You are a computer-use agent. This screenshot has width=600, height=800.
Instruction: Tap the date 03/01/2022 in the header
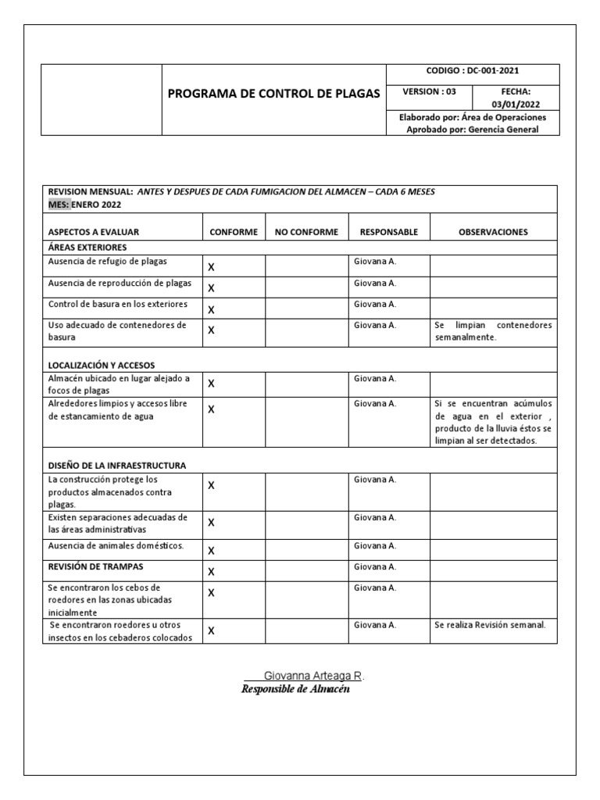pyautogui.click(x=514, y=105)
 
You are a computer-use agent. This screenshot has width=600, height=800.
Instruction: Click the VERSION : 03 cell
pyautogui.click(x=429, y=91)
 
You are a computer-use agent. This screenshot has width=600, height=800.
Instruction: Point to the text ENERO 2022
pyautogui.click(x=97, y=205)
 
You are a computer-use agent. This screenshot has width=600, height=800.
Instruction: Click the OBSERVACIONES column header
pyautogui.click(x=493, y=232)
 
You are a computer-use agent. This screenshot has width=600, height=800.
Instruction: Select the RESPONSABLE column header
pyautogui.click(x=388, y=232)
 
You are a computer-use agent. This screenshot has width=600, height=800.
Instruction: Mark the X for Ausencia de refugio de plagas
pyautogui.click(x=211, y=267)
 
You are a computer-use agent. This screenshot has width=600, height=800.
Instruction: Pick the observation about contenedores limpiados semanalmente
pyautogui.click(x=493, y=331)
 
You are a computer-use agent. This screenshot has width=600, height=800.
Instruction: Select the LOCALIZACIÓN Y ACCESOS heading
pyautogui.click(x=102, y=365)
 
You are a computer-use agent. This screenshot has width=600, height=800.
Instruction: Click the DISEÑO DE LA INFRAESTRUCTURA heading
pyautogui.click(x=116, y=465)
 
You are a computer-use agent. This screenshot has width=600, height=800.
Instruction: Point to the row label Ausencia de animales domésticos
pyautogui.click(x=116, y=545)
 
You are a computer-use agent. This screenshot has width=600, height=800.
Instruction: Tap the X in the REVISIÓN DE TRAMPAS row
pyautogui.click(x=211, y=572)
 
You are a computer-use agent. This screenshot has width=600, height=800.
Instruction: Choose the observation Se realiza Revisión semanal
pyautogui.click(x=490, y=625)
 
